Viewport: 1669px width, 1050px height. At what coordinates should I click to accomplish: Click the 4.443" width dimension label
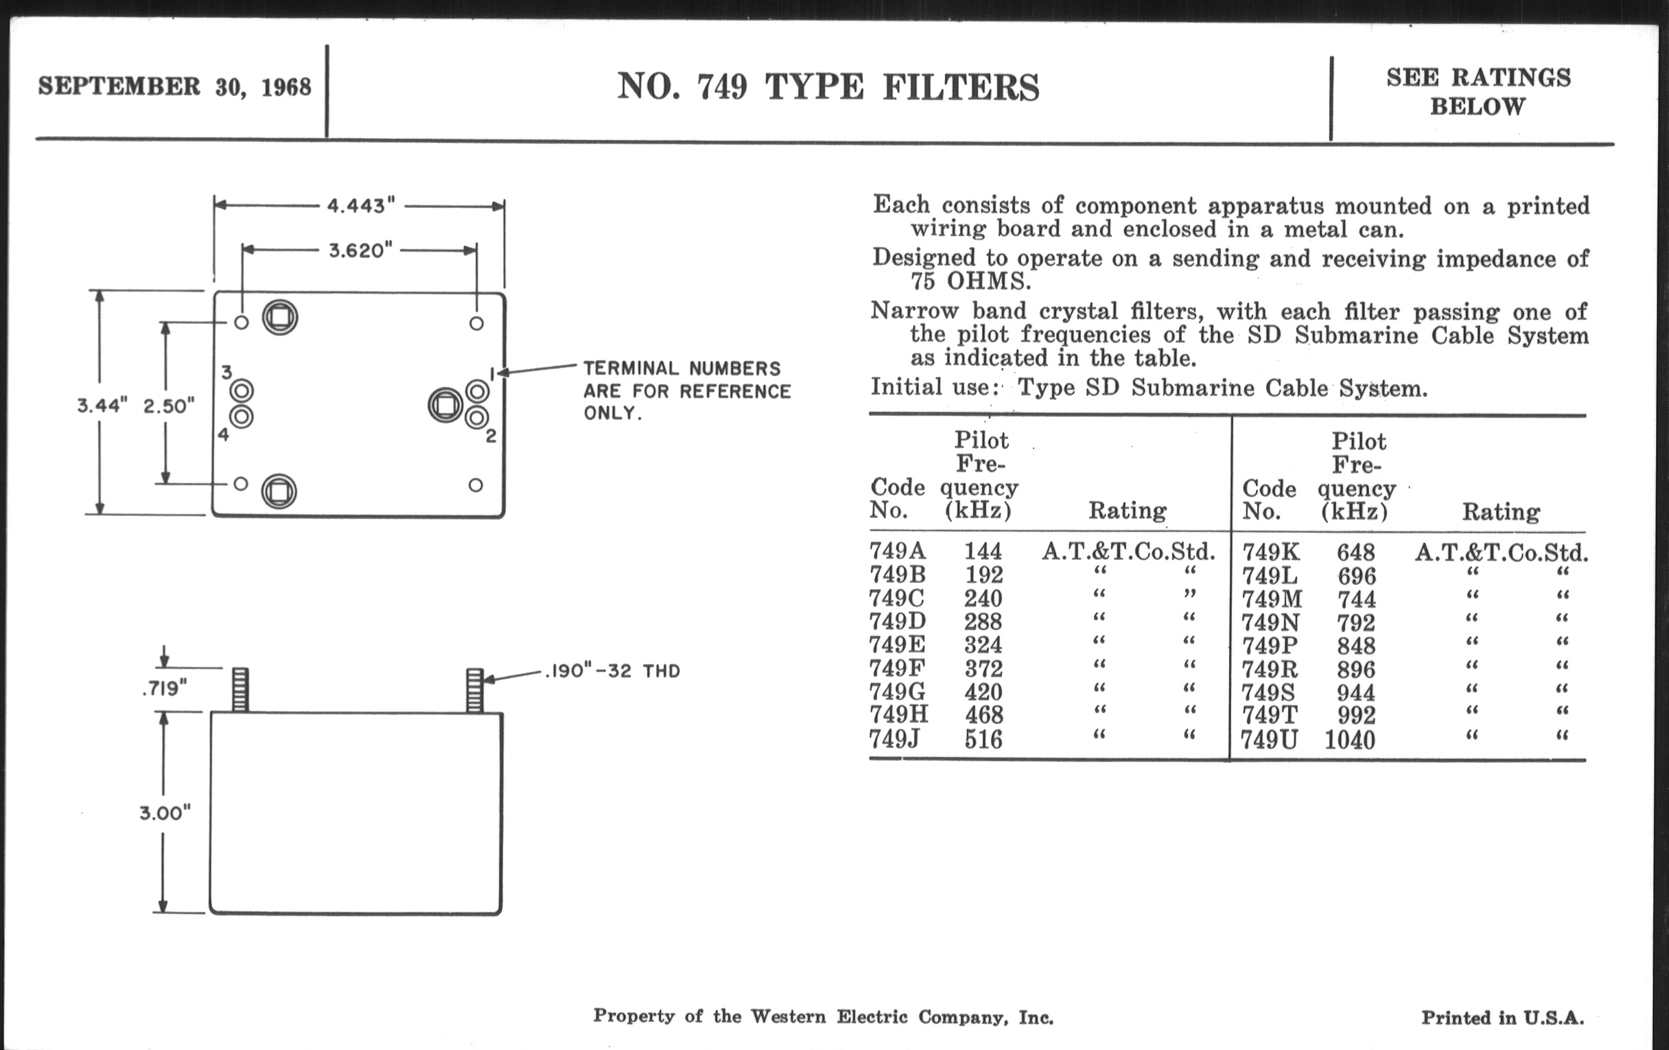coord(360,206)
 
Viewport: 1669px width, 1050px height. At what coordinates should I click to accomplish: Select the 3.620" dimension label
coord(360,250)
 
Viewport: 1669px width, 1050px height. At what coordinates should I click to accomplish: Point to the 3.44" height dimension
coord(102,406)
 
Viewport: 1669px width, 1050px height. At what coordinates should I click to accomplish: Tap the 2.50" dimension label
coord(168,406)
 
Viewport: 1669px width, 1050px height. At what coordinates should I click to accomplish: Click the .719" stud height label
coord(165,689)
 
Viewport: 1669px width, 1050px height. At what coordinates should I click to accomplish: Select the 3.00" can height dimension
coord(165,813)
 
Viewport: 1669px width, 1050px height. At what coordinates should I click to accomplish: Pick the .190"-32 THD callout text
coord(613,671)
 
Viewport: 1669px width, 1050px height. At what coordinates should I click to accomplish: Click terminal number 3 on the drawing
coord(226,372)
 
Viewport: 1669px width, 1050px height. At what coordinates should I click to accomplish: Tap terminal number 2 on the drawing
coord(491,436)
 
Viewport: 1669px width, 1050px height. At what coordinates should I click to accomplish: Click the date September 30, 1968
coord(175,86)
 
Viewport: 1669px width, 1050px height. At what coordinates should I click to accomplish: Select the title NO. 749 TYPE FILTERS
coord(828,87)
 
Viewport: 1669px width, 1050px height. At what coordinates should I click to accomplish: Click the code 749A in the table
coord(898,551)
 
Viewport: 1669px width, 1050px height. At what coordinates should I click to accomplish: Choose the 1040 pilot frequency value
coord(1349,740)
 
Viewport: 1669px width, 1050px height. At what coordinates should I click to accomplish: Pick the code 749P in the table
coord(1270,646)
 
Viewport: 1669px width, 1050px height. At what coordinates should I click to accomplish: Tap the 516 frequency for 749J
coord(983,740)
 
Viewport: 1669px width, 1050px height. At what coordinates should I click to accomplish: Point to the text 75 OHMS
coord(970,281)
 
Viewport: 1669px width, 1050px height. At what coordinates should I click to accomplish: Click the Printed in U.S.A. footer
coord(1503,1018)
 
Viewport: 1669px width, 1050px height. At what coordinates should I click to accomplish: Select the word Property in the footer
coord(633,1016)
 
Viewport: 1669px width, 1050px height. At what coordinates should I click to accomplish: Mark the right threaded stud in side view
coord(475,690)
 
